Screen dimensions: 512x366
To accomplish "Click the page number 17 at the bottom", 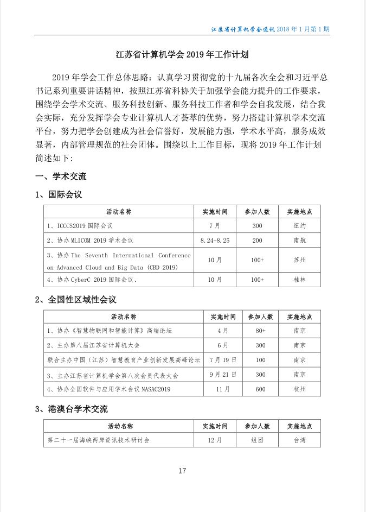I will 182,471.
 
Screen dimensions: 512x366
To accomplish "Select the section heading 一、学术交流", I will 61,176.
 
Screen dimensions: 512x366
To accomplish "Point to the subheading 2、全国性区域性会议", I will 75,299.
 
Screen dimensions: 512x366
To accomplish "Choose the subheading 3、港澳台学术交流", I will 72,408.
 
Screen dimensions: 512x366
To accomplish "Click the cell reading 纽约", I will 299,225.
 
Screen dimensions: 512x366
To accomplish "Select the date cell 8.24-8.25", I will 215,239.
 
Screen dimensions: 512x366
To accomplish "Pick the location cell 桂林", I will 299,280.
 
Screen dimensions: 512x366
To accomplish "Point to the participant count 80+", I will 260,330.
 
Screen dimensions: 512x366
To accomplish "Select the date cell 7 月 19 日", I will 222,359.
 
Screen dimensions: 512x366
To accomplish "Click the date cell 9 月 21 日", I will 222,375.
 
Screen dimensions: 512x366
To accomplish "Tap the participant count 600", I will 260,389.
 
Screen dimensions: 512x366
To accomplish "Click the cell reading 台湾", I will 299,440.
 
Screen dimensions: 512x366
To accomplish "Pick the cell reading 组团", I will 257,440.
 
